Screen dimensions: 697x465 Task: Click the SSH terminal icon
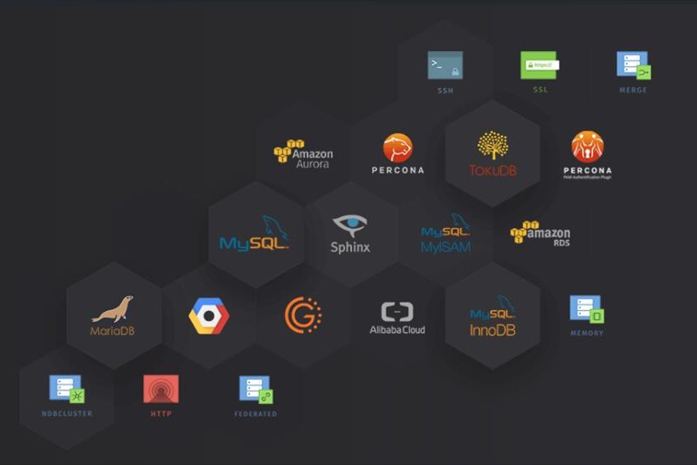coord(445,65)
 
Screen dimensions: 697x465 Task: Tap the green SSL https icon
coord(540,64)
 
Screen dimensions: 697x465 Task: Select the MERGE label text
coord(632,90)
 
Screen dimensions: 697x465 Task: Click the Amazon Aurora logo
coord(303,154)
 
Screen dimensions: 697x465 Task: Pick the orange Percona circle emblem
coord(398,148)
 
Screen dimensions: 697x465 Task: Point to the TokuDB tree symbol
coord(493,145)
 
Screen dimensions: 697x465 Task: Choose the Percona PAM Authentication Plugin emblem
coord(587,147)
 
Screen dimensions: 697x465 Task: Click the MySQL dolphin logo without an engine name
coord(255,234)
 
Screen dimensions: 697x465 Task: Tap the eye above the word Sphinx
coord(350,225)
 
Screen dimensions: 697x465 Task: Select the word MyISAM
coord(446,247)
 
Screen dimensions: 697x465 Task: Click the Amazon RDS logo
coord(540,232)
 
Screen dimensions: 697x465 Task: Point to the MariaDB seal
coord(113,309)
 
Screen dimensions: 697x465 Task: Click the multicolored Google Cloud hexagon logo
coord(209,316)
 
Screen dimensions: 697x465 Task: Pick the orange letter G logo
coord(302,315)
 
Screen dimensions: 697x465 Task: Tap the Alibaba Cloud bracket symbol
coord(397,312)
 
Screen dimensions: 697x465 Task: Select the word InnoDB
coord(493,330)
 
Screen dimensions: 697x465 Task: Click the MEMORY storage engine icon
coord(586,309)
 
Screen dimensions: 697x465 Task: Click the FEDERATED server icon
coord(256,390)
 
